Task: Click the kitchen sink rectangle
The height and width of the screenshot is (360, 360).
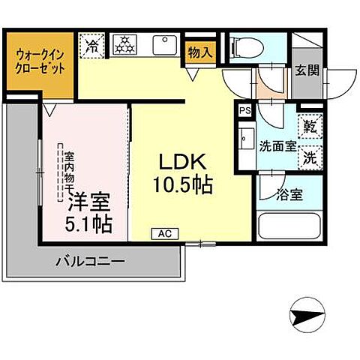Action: click(x=163, y=45)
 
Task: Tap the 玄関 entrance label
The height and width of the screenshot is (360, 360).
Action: click(x=306, y=71)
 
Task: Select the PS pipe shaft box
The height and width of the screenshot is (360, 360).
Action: click(x=244, y=110)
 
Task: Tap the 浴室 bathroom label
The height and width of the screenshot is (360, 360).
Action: click(x=289, y=194)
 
